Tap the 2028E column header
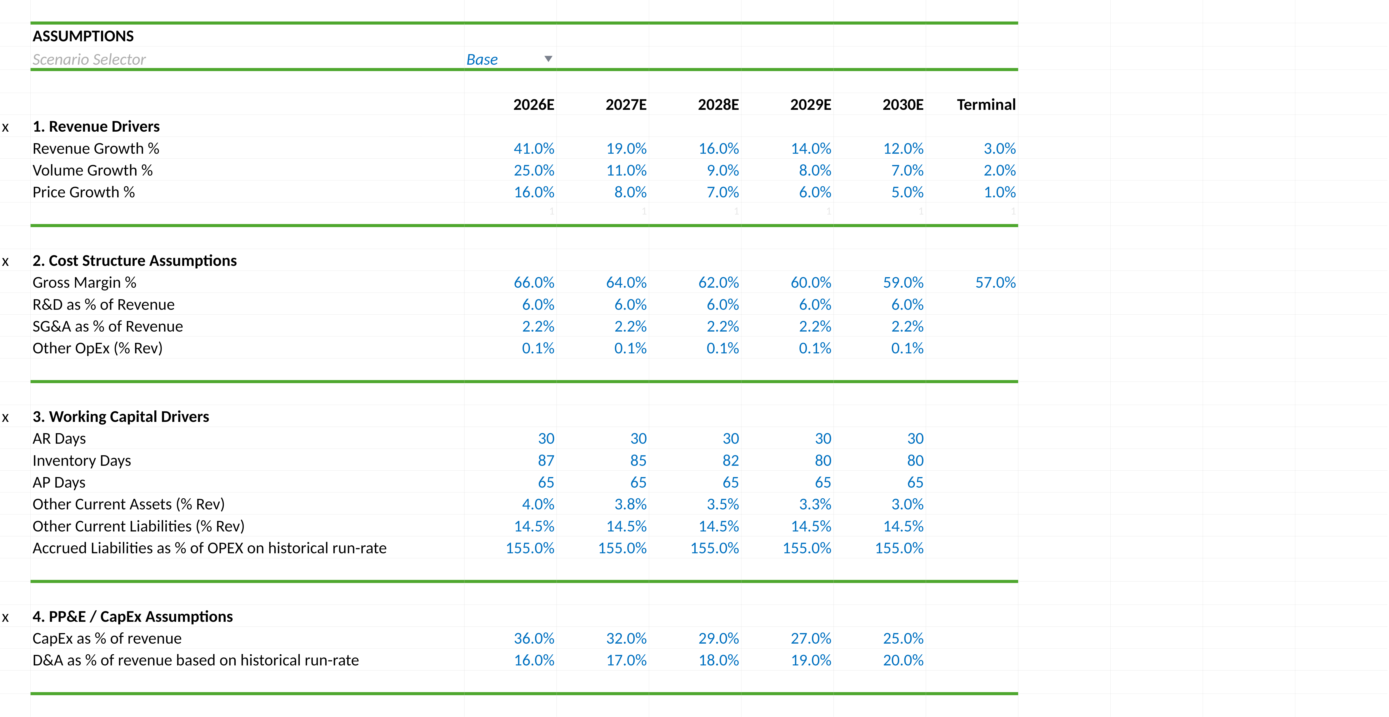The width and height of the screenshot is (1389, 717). click(718, 105)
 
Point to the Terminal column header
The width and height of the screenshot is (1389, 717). click(986, 105)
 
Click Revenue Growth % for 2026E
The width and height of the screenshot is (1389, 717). click(534, 148)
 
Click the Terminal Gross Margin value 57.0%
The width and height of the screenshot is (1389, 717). click(995, 283)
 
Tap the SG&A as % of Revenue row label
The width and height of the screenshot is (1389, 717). click(108, 326)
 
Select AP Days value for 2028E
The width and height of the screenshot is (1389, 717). click(731, 482)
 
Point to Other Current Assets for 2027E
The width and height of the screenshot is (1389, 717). click(630, 505)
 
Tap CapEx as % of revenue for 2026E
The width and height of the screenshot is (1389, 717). click(534, 639)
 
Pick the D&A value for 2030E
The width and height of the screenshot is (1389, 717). click(903, 660)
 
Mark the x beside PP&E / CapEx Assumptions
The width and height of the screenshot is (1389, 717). click(5, 618)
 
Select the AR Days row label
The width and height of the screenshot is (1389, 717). click(59, 439)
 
